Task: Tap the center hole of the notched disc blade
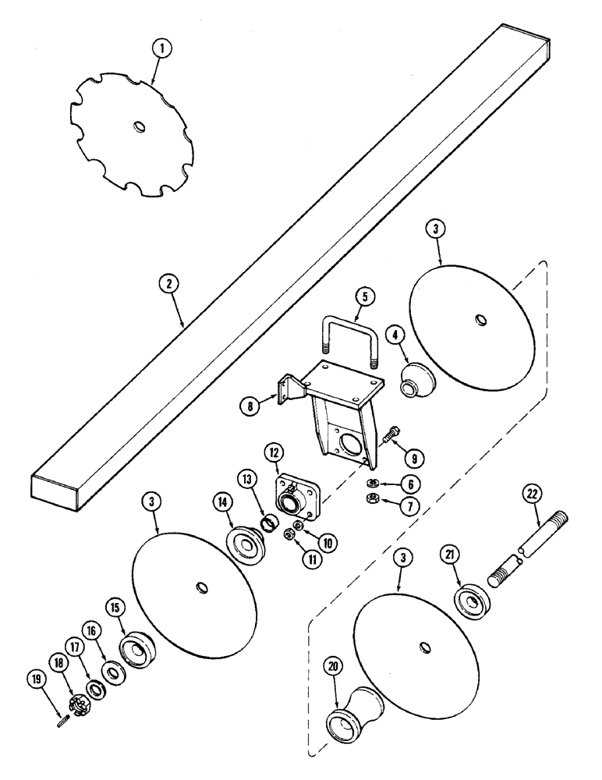[138, 126]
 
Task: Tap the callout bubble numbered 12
[277, 453]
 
